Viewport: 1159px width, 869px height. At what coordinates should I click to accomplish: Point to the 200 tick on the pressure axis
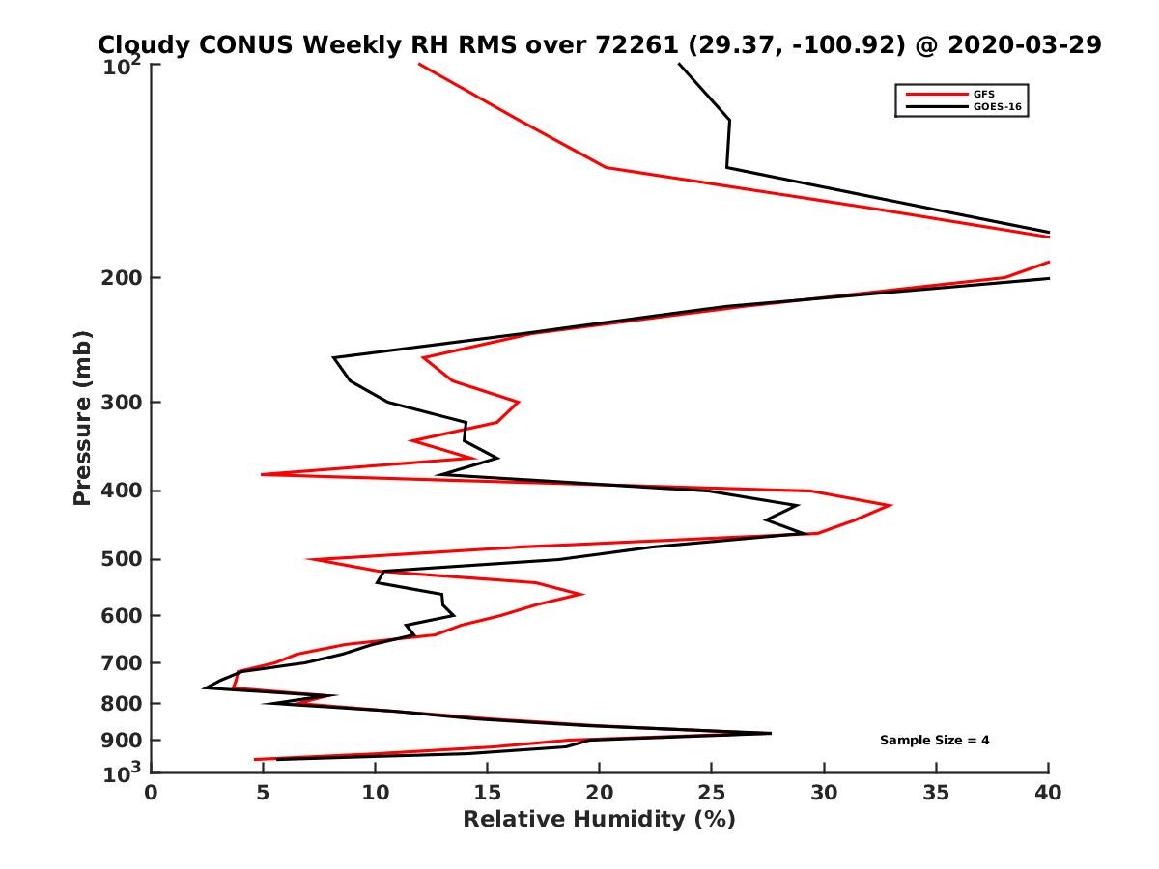click(x=125, y=278)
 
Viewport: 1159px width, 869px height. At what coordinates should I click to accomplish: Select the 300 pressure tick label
click(x=125, y=402)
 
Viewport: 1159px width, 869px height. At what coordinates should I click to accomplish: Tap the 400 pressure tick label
click(x=125, y=491)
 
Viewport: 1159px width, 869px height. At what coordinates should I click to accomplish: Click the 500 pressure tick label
click(x=125, y=559)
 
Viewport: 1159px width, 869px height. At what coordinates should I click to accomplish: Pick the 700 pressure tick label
click(x=125, y=662)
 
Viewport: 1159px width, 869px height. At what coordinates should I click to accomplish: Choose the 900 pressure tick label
click(x=125, y=741)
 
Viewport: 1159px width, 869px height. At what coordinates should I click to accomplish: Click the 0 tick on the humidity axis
click(x=152, y=793)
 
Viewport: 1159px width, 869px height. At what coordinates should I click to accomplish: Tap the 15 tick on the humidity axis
click(x=488, y=793)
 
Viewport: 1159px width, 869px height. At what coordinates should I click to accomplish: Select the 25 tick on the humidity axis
click(x=712, y=793)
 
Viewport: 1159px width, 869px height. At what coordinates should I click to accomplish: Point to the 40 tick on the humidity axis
click(x=1048, y=793)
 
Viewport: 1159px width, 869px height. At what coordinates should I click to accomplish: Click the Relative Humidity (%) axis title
click(x=599, y=820)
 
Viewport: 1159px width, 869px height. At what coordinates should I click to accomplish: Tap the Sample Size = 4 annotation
click(x=934, y=741)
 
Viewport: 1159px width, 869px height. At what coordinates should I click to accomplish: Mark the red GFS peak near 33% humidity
click(x=890, y=505)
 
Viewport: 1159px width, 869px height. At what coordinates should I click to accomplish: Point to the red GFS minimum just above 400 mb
click(x=262, y=474)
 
